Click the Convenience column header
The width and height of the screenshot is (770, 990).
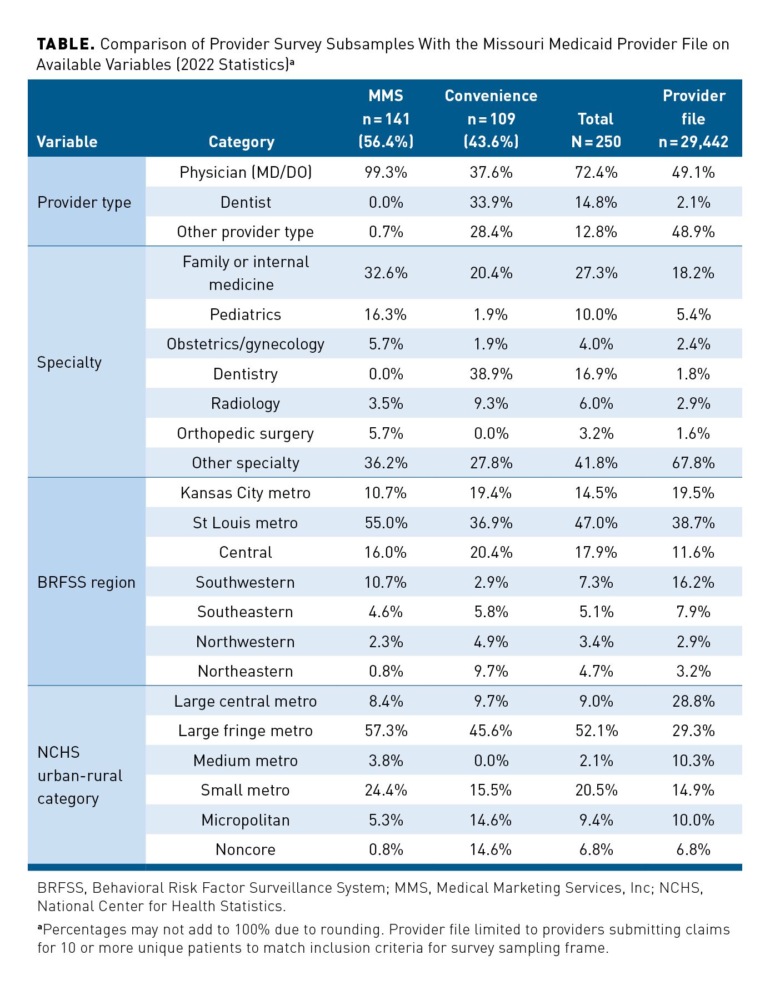click(491, 118)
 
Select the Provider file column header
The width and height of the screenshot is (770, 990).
click(693, 118)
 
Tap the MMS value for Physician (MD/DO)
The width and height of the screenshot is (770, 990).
click(386, 172)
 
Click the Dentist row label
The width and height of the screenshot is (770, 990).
click(246, 202)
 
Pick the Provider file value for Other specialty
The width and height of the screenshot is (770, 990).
click(693, 463)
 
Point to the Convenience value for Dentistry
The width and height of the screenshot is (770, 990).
click(491, 374)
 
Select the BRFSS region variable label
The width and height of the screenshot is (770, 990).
click(86, 582)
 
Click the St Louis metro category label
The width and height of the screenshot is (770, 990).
click(246, 523)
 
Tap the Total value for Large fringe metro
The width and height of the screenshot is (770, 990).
click(596, 731)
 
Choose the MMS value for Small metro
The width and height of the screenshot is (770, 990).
click(386, 790)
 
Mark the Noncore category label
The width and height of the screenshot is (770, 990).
click(246, 849)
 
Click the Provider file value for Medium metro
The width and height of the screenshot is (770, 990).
click(693, 761)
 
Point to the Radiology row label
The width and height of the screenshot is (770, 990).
click(246, 403)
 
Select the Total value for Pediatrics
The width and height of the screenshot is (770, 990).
click(596, 314)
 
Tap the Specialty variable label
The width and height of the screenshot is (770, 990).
click(69, 362)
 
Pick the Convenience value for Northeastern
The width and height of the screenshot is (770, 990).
click(491, 671)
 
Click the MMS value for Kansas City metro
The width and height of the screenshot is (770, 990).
click(386, 493)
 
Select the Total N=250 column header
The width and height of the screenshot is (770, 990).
click(596, 130)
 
